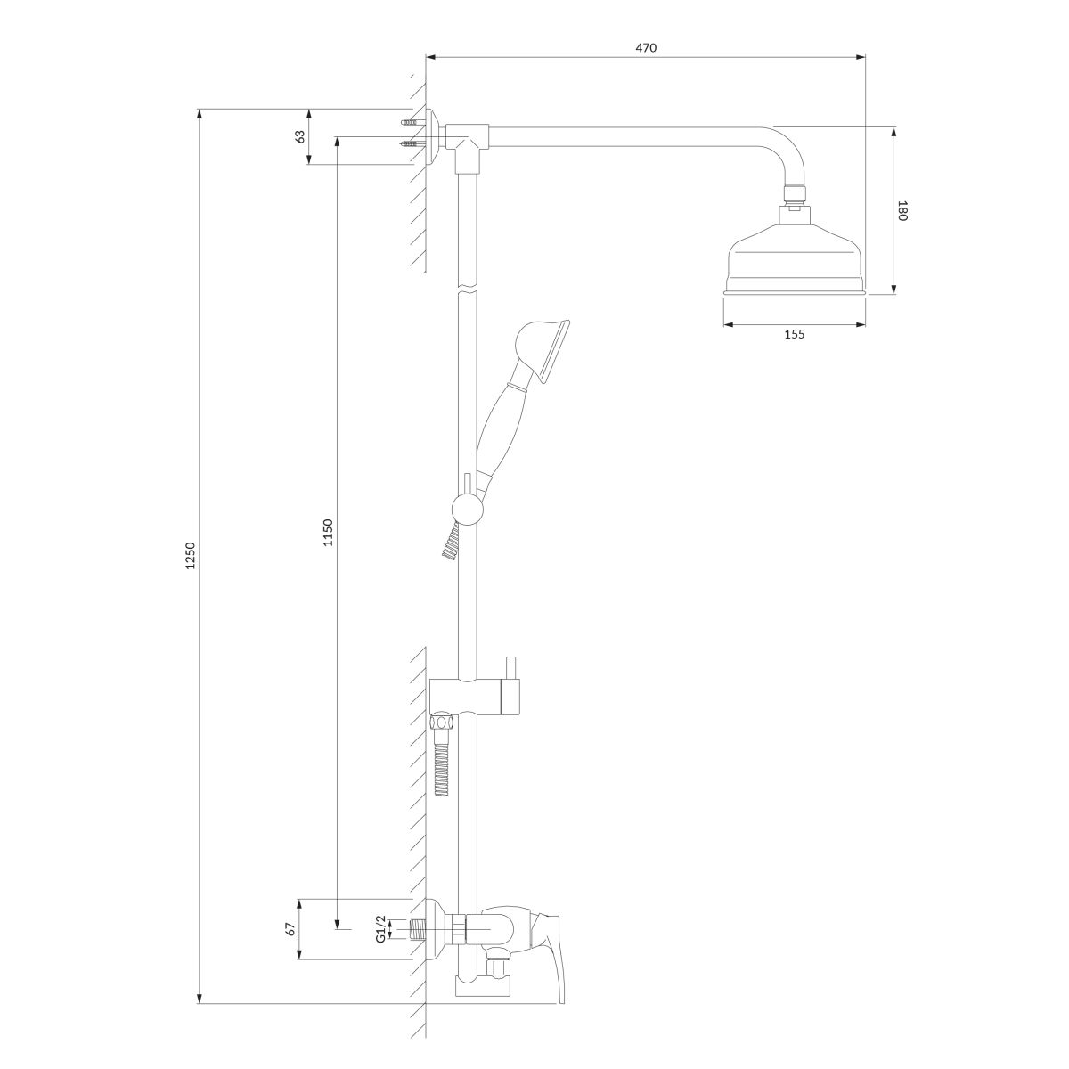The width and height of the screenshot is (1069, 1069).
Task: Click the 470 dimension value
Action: (x=646, y=48)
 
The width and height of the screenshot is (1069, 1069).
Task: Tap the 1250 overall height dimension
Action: (x=191, y=555)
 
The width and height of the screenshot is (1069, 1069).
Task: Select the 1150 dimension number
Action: (x=328, y=532)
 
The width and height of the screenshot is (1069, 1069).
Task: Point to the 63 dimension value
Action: (x=300, y=136)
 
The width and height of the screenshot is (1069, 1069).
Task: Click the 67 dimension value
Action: (x=290, y=930)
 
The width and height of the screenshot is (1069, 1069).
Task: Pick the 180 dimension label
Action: (x=902, y=211)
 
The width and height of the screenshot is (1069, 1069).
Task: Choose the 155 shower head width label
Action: (x=795, y=334)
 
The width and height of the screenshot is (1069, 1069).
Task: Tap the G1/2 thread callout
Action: (x=380, y=930)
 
